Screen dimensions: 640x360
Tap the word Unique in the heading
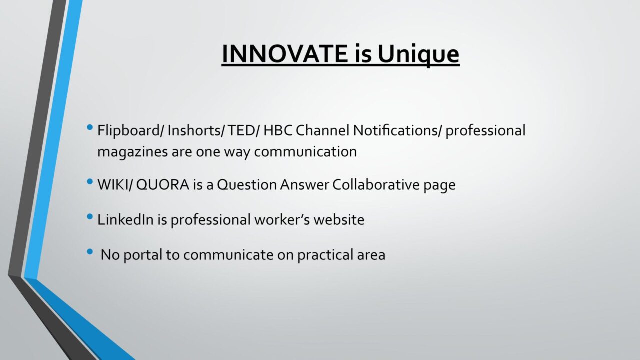[x=418, y=55]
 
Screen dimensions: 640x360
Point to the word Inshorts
[x=195, y=130]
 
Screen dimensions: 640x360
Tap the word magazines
[x=133, y=152]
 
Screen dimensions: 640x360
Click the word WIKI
[x=112, y=185]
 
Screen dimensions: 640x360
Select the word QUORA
[x=163, y=185]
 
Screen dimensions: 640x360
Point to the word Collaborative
[x=376, y=184]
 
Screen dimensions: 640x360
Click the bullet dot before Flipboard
[x=90, y=127]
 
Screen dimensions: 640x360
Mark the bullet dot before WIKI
[x=90, y=181]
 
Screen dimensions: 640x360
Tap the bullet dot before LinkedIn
[x=90, y=217]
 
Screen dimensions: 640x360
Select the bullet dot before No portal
[x=90, y=252]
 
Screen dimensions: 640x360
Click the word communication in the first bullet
[x=305, y=151]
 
